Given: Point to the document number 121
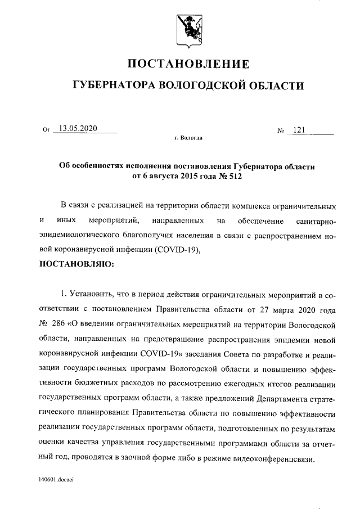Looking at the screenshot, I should click(x=299, y=130).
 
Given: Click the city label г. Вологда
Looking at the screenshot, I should click(x=188, y=138).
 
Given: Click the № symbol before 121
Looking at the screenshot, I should click(x=281, y=131).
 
